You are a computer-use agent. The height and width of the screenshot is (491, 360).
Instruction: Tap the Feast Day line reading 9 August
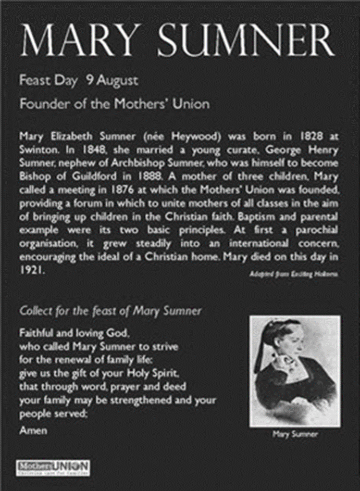pyautogui.click(x=79, y=81)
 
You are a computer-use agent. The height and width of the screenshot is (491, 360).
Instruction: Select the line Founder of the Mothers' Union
pyautogui.click(x=114, y=104)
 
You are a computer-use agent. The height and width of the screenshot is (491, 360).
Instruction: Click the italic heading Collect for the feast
pyautogui.click(x=110, y=311)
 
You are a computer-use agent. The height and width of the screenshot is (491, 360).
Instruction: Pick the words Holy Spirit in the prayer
pyautogui.click(x=159, y=373)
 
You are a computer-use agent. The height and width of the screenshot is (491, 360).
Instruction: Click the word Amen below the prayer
pyautogui.click(x=33, y=430)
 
